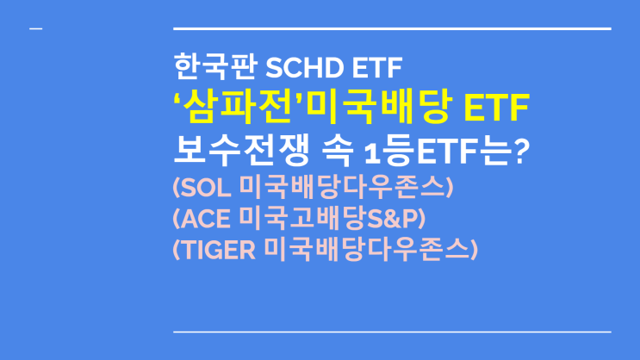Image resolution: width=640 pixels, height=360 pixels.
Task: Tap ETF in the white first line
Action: (x=371, y=66)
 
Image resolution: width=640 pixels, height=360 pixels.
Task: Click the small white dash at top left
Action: (x=35, y=30)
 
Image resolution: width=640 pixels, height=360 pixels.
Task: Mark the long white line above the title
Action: (x=392, y=29)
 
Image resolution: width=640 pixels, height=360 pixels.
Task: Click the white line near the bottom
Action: (x=392, y=332)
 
